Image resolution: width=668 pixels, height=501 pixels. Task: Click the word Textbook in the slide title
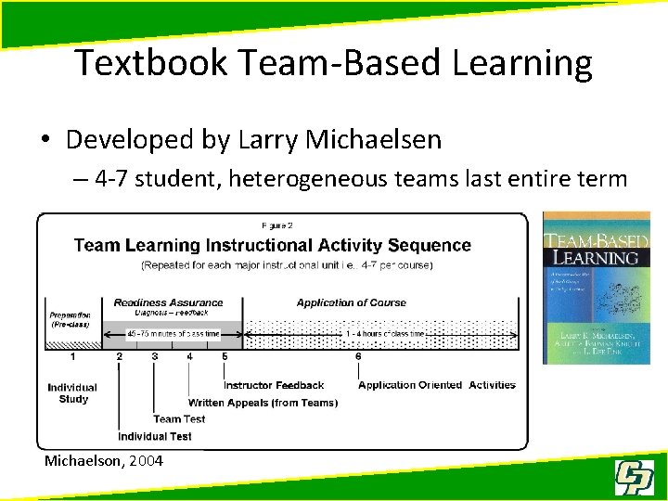tap(149, 63)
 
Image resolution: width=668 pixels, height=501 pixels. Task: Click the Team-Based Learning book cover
tap(596, 288)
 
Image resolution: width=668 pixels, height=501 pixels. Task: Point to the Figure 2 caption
tap(279, 225)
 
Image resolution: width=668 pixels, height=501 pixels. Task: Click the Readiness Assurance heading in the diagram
tap(168, 302)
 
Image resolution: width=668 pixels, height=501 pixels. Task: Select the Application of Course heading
tap(351, 302)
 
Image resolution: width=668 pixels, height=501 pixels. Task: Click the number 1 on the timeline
tap(73, 356)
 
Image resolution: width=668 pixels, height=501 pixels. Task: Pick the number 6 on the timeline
tap(358, 356)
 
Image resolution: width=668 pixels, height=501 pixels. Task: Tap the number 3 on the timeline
tap(154, 356)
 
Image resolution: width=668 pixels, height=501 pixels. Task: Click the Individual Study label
tap(73, 392)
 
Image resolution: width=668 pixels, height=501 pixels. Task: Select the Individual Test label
tap(155, 436)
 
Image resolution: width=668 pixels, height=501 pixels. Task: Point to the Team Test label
tap(179, 419)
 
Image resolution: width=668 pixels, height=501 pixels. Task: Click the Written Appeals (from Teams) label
tap(263, 403)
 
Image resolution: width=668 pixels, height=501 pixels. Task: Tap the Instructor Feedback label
tap(274, 385)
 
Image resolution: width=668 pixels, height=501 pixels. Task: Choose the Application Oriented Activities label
tap(436, 385)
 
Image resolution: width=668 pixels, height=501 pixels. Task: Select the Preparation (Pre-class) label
tap(71, 318)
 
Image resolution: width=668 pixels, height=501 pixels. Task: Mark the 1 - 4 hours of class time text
tap(384, 334)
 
